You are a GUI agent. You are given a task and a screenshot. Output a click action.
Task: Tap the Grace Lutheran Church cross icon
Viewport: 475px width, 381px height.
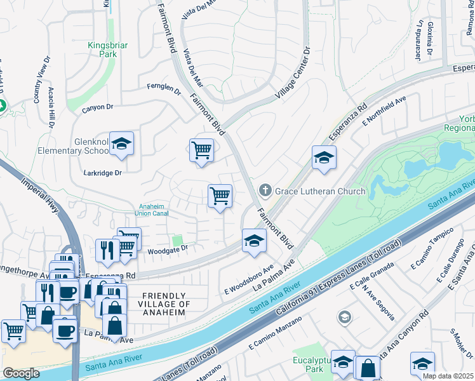[264, 190]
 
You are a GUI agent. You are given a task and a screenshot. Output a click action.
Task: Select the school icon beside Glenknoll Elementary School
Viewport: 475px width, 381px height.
[121, 145]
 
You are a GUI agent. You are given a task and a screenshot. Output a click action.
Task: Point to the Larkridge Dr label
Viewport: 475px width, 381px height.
[102, 172]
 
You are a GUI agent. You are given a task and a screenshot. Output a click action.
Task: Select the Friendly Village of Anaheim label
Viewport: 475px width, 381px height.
[165, 304]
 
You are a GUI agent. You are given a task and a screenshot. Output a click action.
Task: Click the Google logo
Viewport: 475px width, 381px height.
[21, 373]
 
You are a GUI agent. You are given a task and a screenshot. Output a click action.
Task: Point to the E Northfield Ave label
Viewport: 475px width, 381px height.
[384, 112]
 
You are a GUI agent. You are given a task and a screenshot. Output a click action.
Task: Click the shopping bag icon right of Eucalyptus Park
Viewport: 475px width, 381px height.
[368, 367]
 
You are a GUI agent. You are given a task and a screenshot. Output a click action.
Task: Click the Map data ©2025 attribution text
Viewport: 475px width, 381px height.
[448, 376]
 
